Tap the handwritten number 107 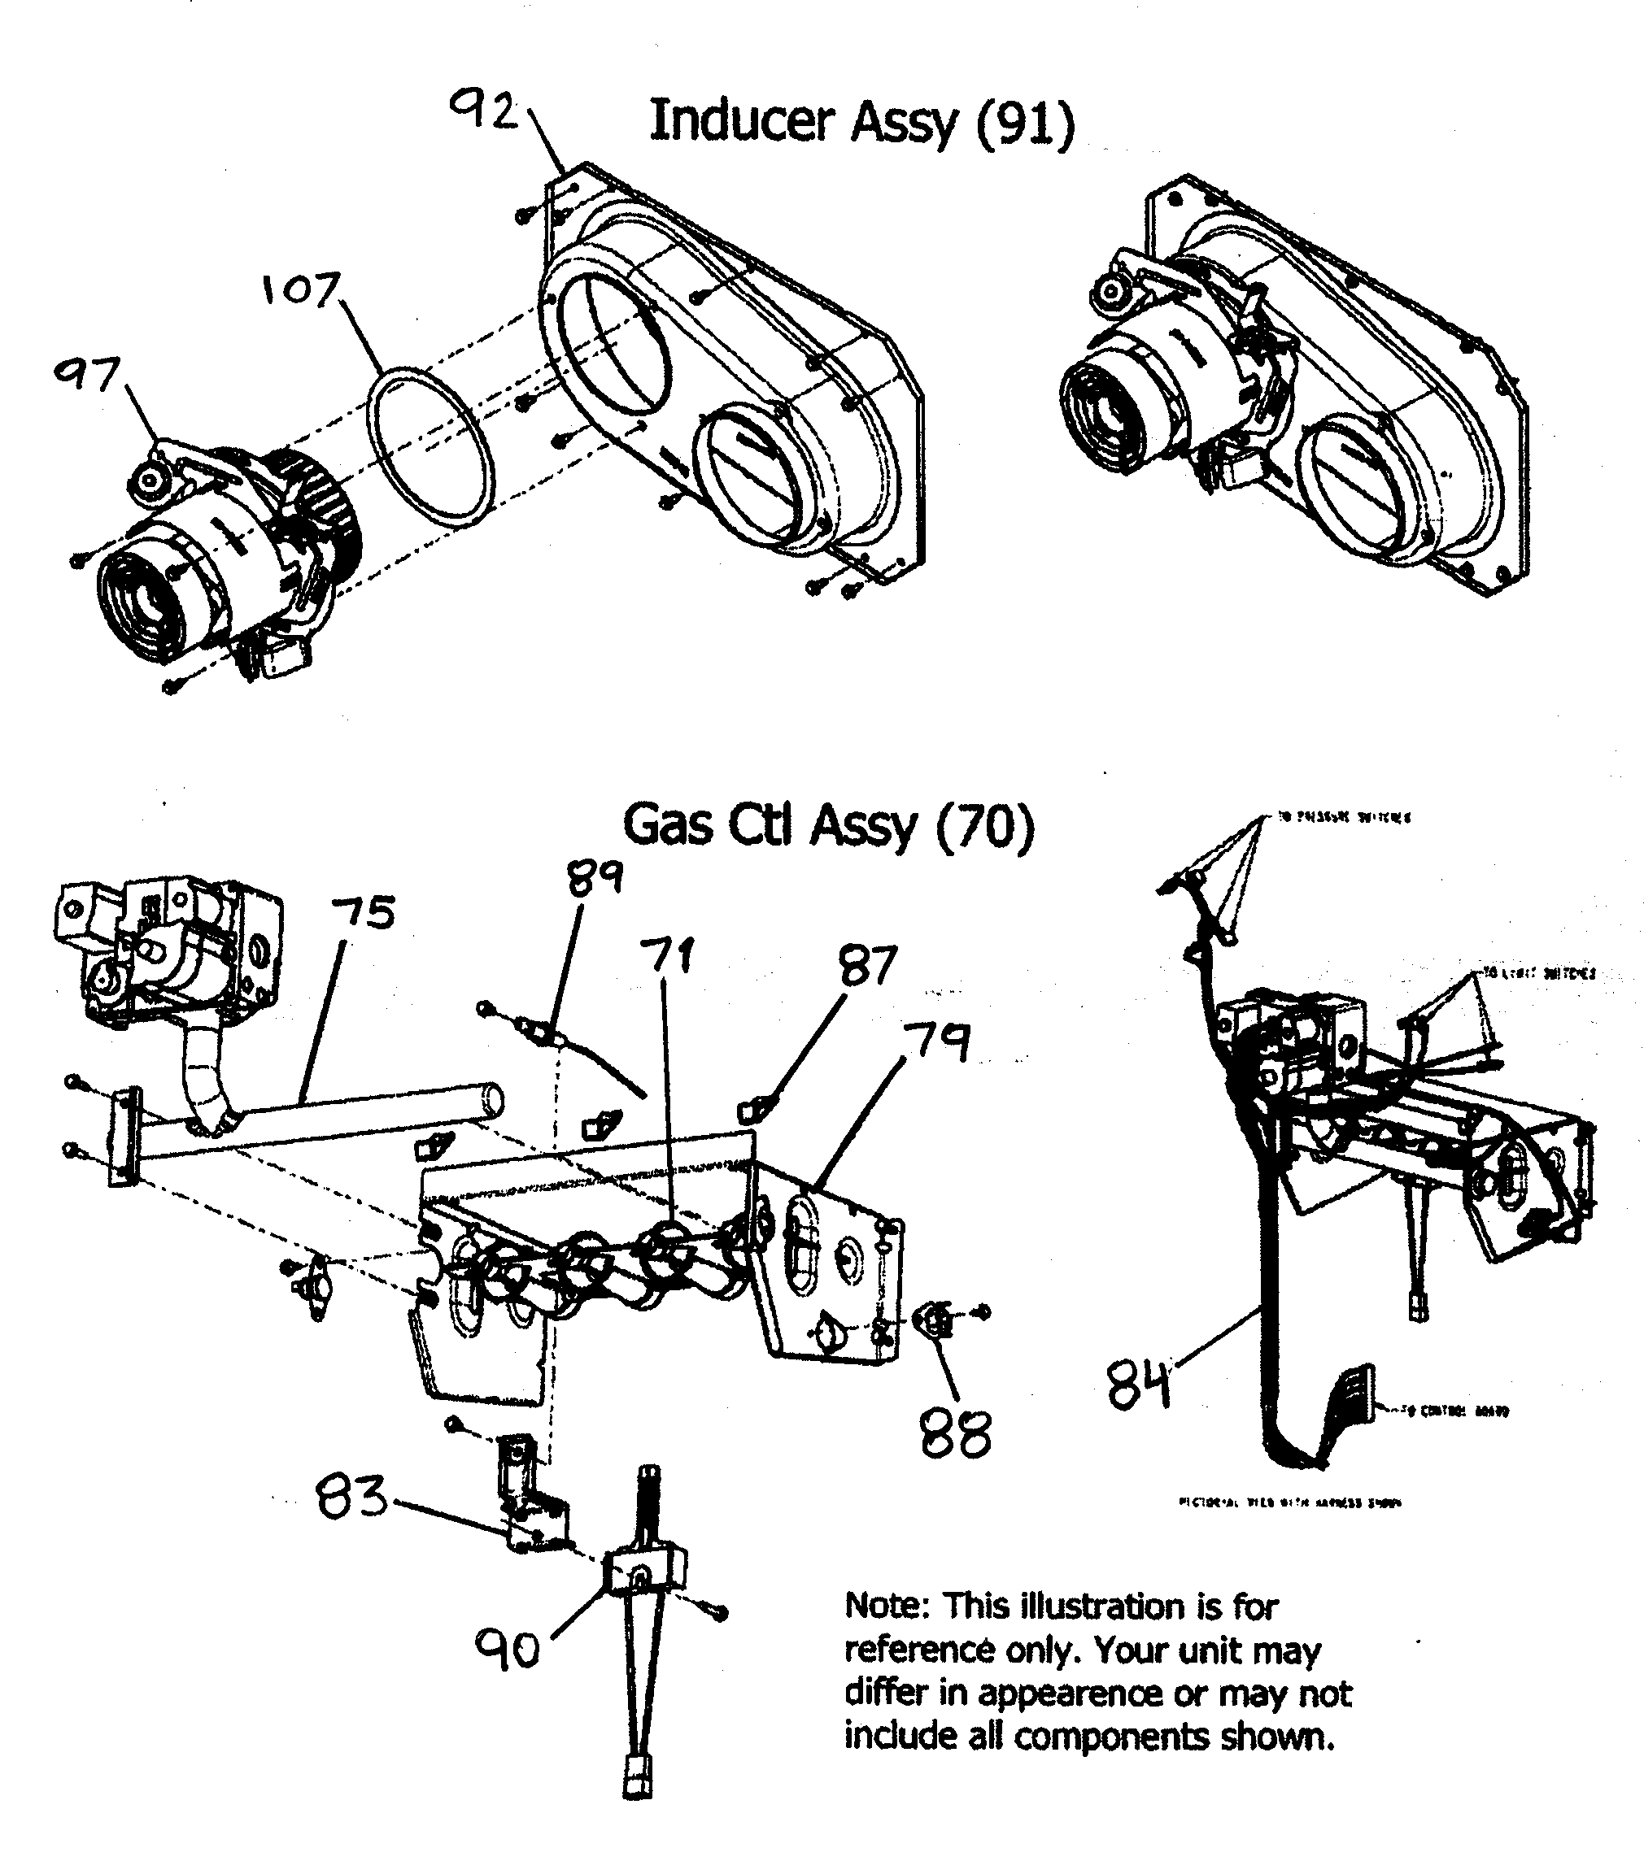(x=300, y=289)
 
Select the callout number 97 (x=86, y=373)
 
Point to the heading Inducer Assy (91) (x=861, y=121)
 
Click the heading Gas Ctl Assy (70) (x=829, y=826)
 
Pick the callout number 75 (x=364, y=912)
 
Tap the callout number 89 (x=595, y=878)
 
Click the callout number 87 (x=868, y=966)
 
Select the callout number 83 (x=351, y=1498)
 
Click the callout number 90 (x=508, y=1650)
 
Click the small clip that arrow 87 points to (x=749, y=1110)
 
